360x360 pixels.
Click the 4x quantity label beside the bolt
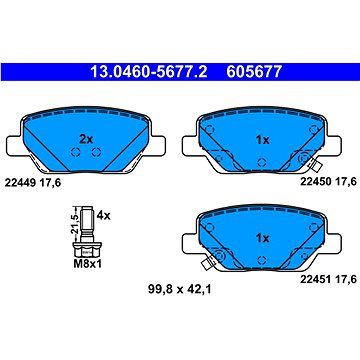tap(102, 213)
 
